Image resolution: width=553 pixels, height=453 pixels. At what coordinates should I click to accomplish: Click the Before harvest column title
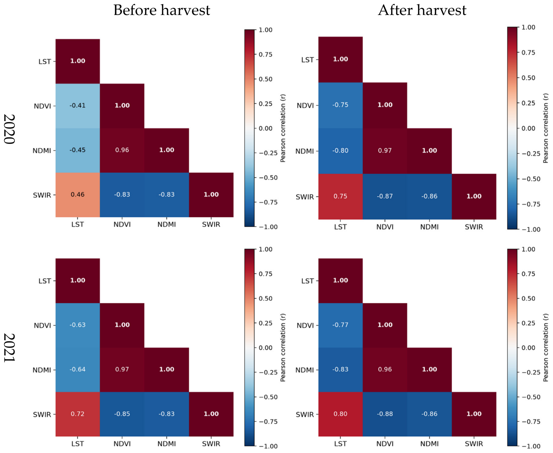pos(161,10)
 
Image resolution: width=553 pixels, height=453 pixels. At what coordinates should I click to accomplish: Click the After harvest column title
pos(422,10)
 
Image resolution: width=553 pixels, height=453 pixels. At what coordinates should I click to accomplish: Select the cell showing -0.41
pos(78,106)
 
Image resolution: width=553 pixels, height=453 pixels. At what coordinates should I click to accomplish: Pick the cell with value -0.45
pos(78,151)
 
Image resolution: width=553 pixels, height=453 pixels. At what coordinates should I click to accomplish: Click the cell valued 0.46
pos(78,195)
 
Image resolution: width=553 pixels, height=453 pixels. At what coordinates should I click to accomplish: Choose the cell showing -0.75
pos(341,105)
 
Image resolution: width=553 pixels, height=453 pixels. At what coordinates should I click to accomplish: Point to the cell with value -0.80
pos(341,151)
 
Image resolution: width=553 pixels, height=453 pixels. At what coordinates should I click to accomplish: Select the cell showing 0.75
pos(341,197)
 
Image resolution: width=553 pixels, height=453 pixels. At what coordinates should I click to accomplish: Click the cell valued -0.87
pos(385,197)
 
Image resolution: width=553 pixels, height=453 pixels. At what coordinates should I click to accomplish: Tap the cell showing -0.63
pos(78,325)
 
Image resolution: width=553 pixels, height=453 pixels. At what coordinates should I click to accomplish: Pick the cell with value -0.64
pos(78,370)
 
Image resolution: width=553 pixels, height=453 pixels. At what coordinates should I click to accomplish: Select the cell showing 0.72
pos(78,414)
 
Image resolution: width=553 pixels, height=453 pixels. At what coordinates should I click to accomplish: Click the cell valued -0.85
pos(122,414)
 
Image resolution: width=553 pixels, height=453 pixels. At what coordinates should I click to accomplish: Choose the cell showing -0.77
pos(341,325)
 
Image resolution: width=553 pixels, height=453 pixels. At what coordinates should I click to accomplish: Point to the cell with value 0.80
pos(341,414)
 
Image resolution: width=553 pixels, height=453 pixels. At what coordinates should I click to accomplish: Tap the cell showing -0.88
pos(385,414)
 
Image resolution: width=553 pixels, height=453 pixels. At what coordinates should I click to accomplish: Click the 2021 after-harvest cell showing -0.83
pos(341,370)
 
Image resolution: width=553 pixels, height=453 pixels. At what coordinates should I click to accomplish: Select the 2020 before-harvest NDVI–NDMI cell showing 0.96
pos(122,151)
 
